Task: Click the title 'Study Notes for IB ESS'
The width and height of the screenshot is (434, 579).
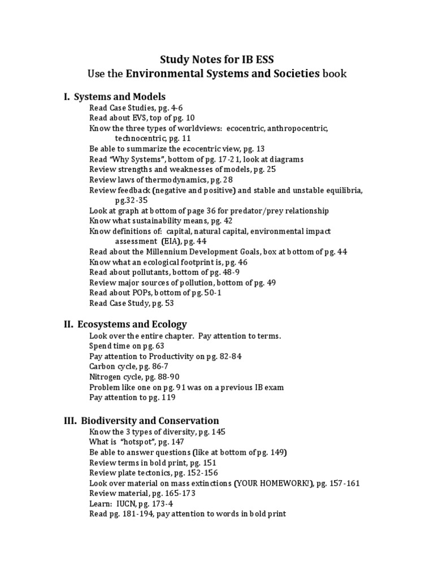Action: coord(217,59)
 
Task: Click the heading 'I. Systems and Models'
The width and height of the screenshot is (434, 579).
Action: coord(114,97)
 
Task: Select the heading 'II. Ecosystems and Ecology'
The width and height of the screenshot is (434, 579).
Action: coord(125,324)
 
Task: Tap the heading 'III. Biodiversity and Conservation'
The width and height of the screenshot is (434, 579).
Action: coord(141,421)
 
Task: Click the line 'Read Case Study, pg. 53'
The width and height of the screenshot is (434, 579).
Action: coord(132,303)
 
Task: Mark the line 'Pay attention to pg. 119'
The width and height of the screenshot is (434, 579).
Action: coord(132,397)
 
